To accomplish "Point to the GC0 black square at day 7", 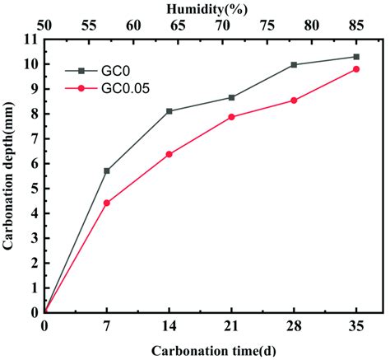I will (x=107, y=171).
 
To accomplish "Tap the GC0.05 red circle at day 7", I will (x=107, y=203).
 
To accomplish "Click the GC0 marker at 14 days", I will (x=169, y=110).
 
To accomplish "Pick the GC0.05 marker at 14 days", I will (x=169, y=154).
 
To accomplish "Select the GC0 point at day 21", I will (x=232, y=97).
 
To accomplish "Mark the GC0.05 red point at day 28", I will (x=294, y=101).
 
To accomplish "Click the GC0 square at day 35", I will (x=356, y=57).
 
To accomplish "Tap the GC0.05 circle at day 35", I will (x=356, y=69).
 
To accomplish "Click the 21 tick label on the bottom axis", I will (x=232, y=326).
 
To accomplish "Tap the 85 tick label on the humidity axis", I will (x=356, y=26).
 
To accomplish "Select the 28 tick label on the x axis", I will (x=294, y=326).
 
